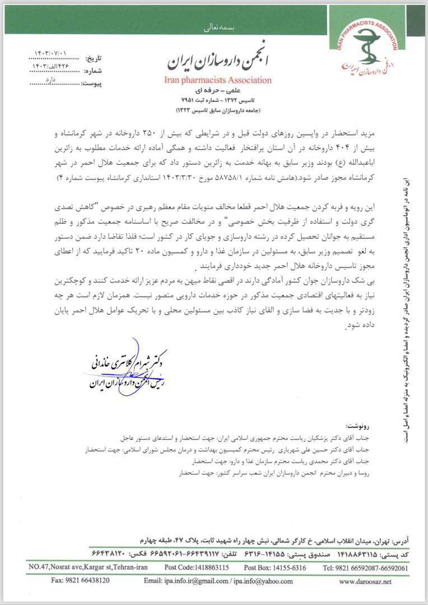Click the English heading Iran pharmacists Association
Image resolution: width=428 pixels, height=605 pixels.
pos(218,80)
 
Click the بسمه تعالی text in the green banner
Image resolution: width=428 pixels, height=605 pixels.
pos(215,27)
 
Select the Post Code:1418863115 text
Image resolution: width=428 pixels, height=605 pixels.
pos(197,567)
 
